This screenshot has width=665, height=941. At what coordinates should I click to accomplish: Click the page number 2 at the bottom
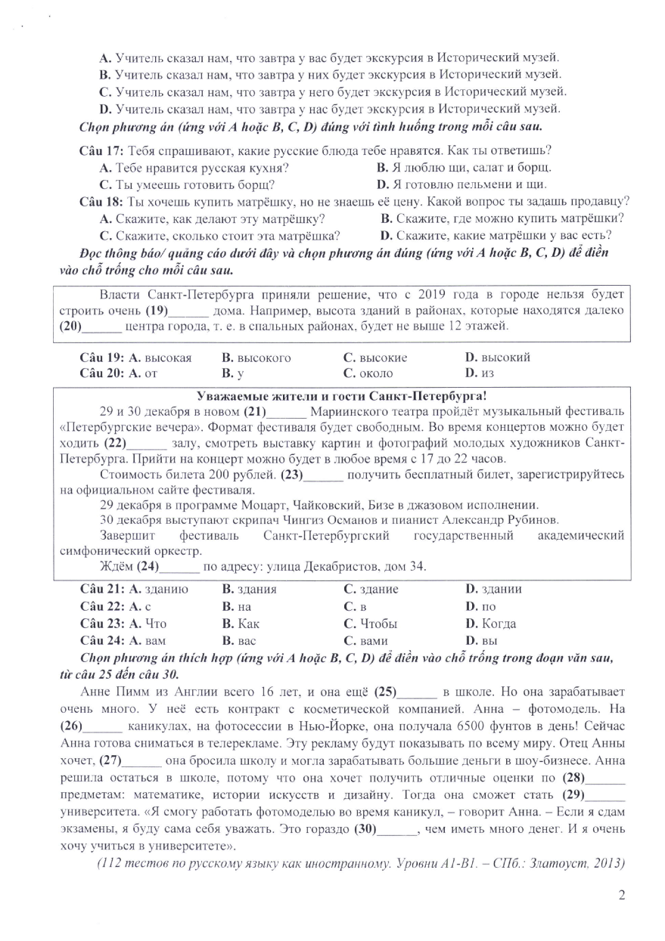[622, 896]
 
